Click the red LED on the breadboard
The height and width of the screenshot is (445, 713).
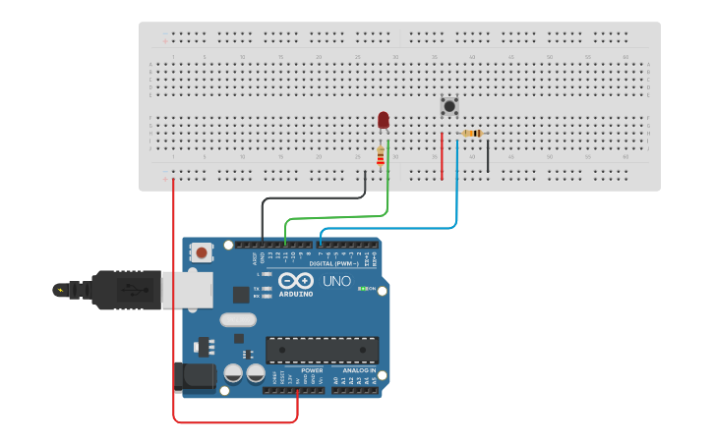click(384, 120)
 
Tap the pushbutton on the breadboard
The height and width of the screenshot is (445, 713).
click(449, 106)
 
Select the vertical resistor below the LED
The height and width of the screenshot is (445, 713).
click(381, 156)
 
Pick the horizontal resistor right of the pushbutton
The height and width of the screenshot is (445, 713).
click(472, 134)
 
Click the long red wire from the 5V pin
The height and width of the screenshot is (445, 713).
click(174, 314)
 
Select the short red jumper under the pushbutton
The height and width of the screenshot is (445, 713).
click(442, 157)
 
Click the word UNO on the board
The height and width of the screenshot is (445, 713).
click(336, 282)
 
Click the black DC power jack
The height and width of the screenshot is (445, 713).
click(195, 377)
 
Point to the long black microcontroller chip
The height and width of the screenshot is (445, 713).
click(322, 350)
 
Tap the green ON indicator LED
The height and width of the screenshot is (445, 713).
click(362, 289)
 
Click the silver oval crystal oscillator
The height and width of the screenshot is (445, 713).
click(238, 319)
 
